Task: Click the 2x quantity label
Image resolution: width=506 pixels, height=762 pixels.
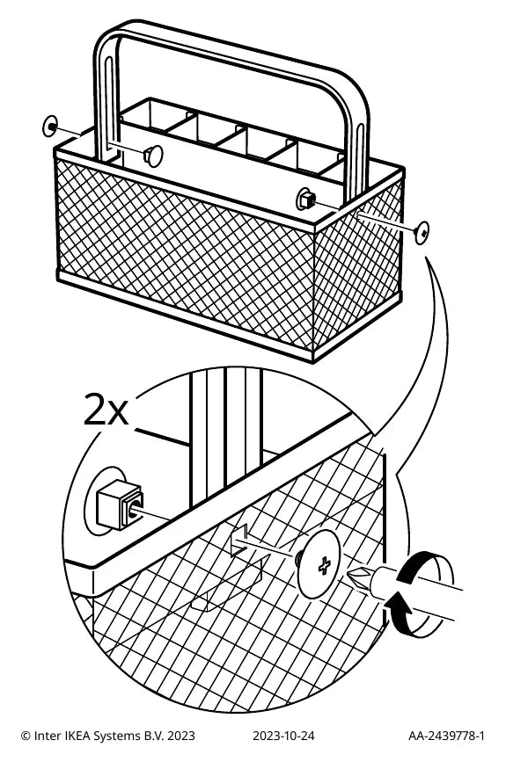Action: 106,410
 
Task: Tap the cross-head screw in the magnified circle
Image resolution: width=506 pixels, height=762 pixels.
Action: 319,564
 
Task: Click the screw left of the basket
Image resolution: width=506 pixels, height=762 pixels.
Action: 50,127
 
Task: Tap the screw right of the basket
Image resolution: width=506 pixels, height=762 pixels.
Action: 422,232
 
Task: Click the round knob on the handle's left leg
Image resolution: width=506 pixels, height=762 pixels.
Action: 153,155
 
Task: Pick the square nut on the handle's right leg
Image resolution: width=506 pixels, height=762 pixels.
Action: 307,198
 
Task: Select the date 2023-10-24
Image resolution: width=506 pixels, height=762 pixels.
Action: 283,736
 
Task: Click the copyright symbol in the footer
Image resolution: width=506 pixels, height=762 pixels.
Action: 26,737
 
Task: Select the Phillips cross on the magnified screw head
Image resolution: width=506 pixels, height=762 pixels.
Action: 325,565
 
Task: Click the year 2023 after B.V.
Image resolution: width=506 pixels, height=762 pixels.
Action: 181,736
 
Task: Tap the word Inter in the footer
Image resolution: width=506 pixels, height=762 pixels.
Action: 48,736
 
